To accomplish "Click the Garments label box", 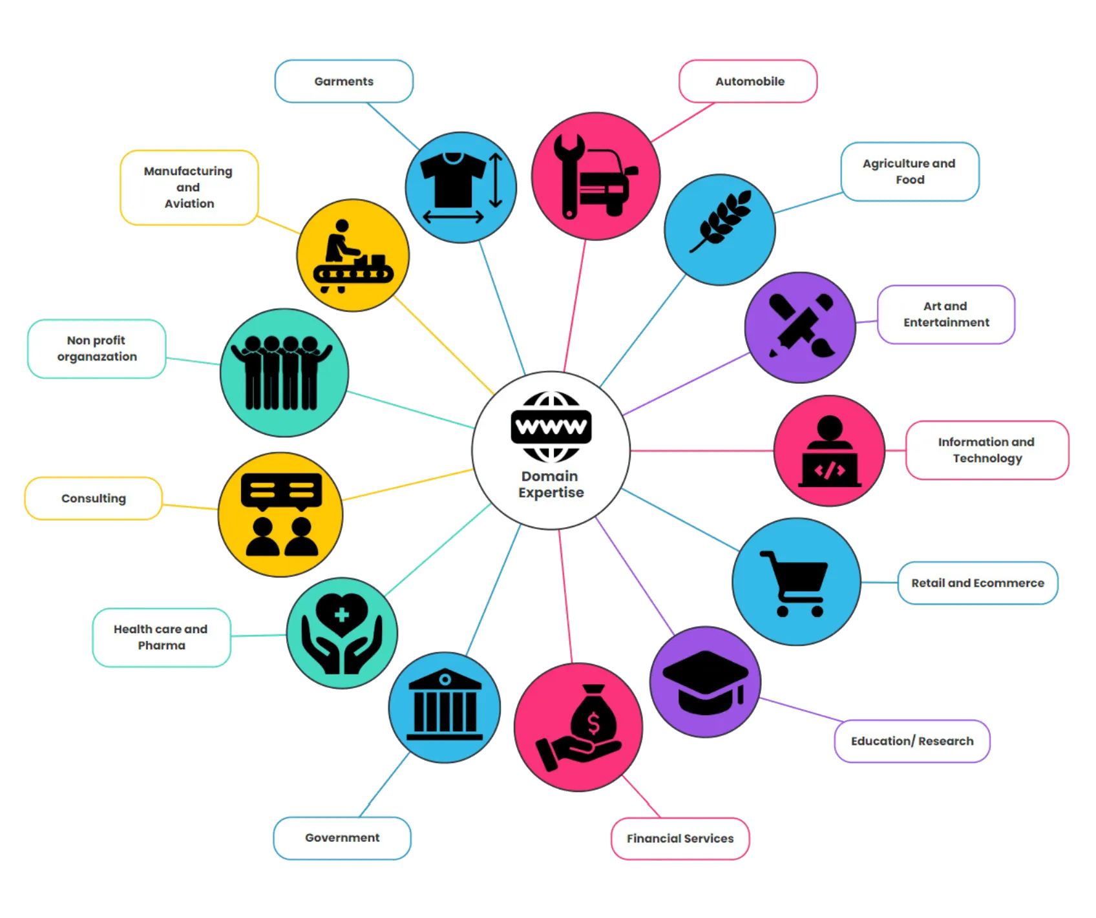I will click(x=344, y=81).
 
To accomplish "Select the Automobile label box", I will click(x=748, y=81).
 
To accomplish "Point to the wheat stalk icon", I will click(x=721, y=221).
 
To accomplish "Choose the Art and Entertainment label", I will click(x=946, y=315).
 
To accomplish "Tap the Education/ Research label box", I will click(x=912, y=741).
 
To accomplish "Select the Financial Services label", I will click(x=680, y=839).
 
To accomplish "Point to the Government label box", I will click(x=342, y=838).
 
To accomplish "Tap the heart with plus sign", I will click(x=342, y=614).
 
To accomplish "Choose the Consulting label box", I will click(x=94, y=498).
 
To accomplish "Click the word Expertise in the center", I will click(x=551, y=493).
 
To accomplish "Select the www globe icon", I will click(x=551, y=427).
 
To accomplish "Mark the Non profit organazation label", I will click(x=97, y=348).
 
